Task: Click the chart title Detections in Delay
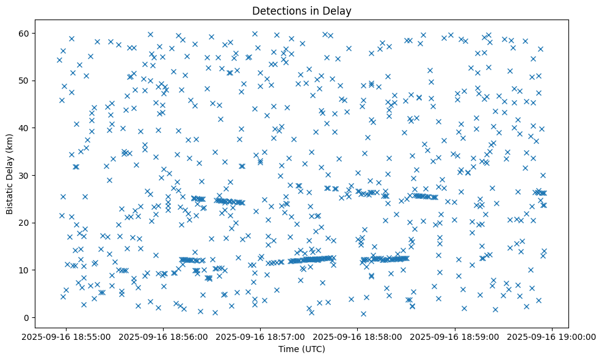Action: click(302, 10)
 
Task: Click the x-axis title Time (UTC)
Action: click(302, 350)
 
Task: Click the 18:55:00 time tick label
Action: click(67, 336)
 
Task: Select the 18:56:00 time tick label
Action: click(164, 336)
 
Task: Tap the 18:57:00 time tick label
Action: click(261, 336)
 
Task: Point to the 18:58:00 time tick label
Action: click(358, 336)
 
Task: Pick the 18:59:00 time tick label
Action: click(455, 336)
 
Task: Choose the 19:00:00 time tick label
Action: click(552, 336)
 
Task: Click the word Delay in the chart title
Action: click(339, 10)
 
